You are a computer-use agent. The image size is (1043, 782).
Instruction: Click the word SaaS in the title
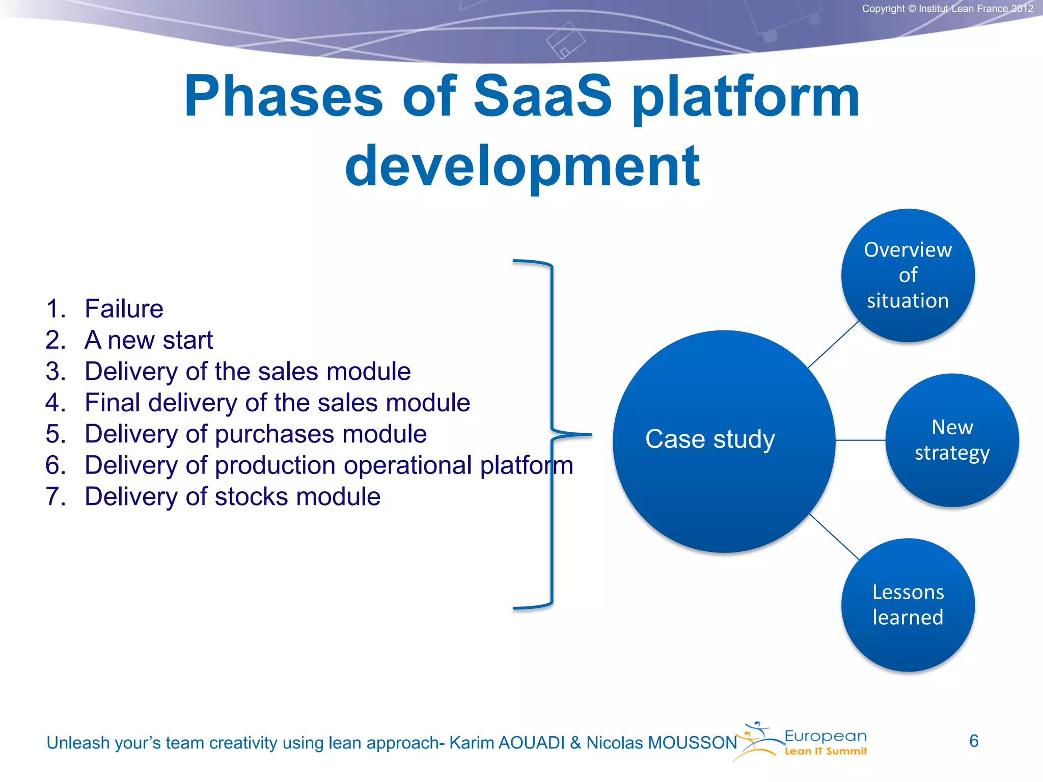(542, 97)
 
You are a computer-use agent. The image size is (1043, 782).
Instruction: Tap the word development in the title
(522, 166)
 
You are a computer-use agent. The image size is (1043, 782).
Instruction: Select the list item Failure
(124, 309)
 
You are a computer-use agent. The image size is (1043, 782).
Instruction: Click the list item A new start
(148, 340)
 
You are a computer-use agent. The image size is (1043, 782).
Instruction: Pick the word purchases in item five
(274, 434)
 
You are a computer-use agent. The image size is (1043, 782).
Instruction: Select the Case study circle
(723, 441)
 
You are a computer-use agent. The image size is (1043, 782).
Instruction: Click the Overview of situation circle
(908, 275)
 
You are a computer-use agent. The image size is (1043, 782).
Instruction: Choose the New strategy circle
(952, 440)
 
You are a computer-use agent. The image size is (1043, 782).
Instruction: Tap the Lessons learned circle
(908, 605)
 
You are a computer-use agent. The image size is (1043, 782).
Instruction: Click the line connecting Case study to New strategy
(860, 440)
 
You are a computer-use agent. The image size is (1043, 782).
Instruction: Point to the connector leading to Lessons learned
(834, 537)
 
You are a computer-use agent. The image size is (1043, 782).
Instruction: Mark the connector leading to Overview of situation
(834, 344)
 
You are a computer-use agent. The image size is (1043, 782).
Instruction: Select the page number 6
(973, 741)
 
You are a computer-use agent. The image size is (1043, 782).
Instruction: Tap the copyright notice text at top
(947, 9)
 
